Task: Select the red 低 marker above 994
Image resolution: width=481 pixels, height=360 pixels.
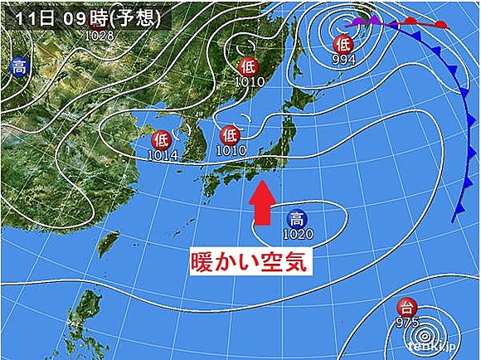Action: pyautogui.click(x=343, y=43)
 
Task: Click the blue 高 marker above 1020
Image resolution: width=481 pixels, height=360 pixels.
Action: pyautogui.click(x=295, y=219)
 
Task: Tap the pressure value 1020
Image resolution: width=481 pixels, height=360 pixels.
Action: pyautogui.click(x=296, y=235)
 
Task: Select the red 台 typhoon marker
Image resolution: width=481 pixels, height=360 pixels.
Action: pyautogui.click(x=405, y=307)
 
